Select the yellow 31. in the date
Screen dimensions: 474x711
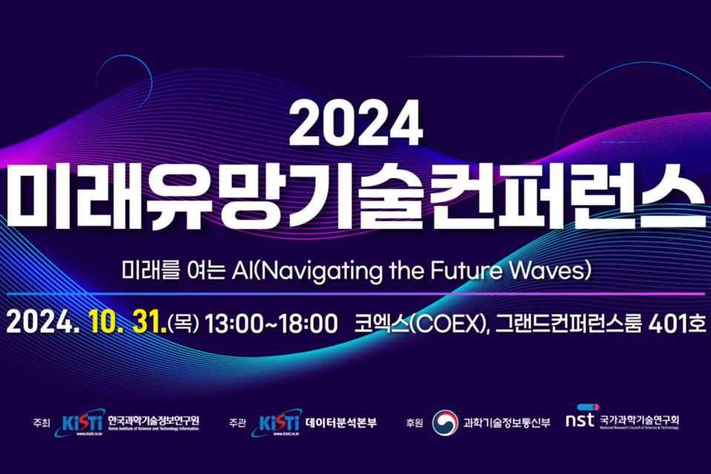(x=147, y=323)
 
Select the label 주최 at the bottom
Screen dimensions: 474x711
(x=41, y=424)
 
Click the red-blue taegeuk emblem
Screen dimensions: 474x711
(x=445, y=423)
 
